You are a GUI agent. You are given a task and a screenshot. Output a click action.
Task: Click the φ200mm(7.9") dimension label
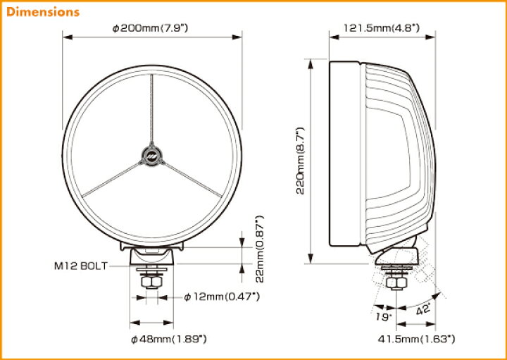[x=153, y=27]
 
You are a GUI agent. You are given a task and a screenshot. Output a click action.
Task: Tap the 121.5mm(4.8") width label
[x=381, y=27]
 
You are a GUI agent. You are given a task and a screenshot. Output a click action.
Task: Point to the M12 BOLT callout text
[x=80, y=266]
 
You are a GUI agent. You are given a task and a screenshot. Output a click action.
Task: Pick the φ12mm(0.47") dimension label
[x=222, y=297]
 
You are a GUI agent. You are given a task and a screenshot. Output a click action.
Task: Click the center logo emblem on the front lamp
[x=151, y=154]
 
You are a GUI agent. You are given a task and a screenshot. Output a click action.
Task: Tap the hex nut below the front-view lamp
[x=151, y=282]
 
